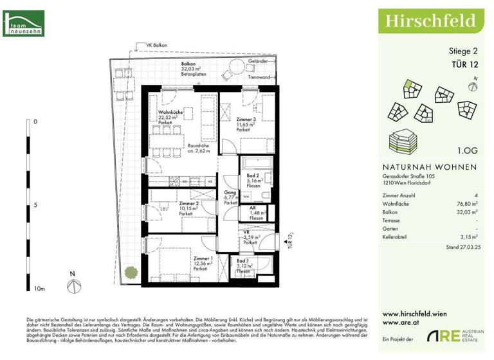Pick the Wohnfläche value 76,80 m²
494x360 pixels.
point(466,203)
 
